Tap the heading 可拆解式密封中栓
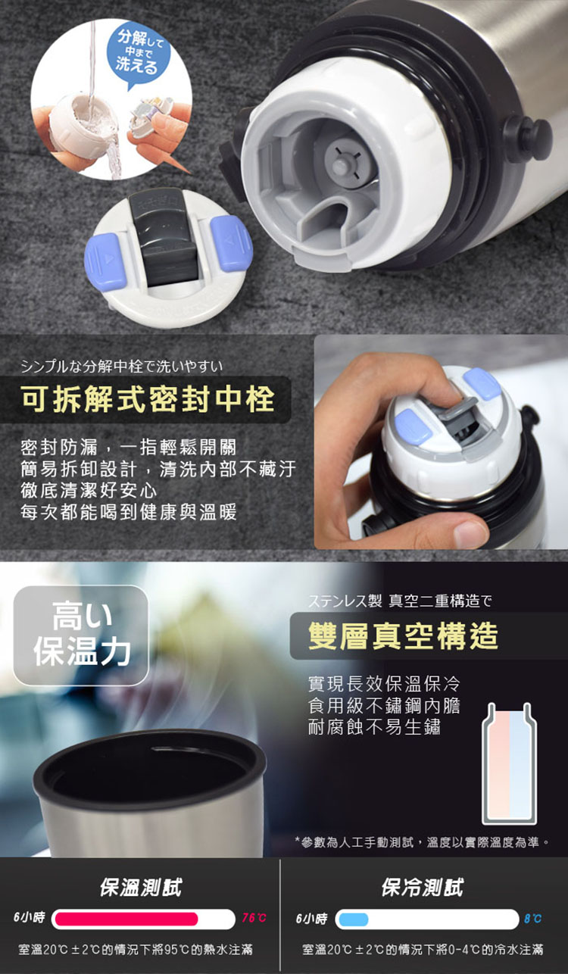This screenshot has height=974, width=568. (x=148, y=399)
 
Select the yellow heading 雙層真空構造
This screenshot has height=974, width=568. (x=403, y=635)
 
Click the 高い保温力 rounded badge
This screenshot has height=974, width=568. (x=81, y=635)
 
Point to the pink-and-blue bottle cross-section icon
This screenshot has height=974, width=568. (x=509, y=763)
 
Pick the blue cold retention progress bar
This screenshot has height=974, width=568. (x=353, y=919)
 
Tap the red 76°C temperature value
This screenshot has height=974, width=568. (x=254, y=918)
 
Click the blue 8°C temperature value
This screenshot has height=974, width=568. (x=532, y=919)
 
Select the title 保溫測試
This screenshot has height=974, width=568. (x=141, y=887)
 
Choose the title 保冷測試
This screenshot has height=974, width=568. (x=423, y=887)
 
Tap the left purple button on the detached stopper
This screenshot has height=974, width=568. (x=105, y=262)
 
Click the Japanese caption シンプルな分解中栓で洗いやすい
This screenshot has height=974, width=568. (x=122, y=367)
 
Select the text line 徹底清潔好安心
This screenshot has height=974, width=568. (x=89, y=491)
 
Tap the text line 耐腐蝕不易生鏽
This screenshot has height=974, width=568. (x=374, y=726)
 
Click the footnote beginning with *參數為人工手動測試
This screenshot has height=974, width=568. (x=421, y=842)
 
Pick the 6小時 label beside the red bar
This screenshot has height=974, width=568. (x=29, y=918)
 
